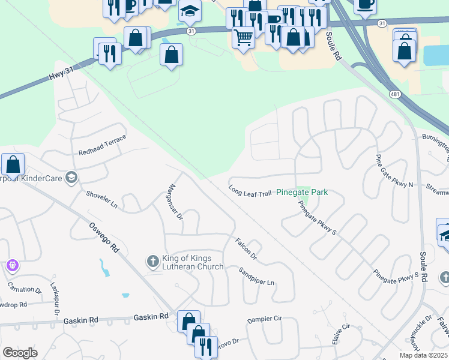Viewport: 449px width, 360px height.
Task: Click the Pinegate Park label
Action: click(x=302, y=193)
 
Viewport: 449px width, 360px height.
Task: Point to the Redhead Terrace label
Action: click(x=102, y=145)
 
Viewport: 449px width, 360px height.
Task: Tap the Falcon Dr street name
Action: click(x=246, y=248)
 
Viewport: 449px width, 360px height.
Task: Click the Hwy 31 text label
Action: click(x=61, y=75)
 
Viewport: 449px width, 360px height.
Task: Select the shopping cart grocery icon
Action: click(x=244, y=38)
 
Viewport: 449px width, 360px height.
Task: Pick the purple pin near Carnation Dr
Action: click(x=13, y=265)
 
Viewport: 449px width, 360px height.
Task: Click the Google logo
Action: click(x=20, y=352)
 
